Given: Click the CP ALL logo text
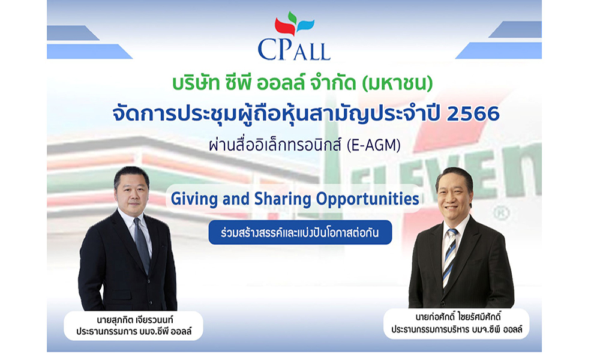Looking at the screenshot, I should coord(294,49).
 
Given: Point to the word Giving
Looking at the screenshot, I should coord(190,199).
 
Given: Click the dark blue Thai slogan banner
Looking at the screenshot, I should coord(300,232).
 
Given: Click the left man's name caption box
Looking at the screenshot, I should coord(133,325).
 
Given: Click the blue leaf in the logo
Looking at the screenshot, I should coord(305,25).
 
